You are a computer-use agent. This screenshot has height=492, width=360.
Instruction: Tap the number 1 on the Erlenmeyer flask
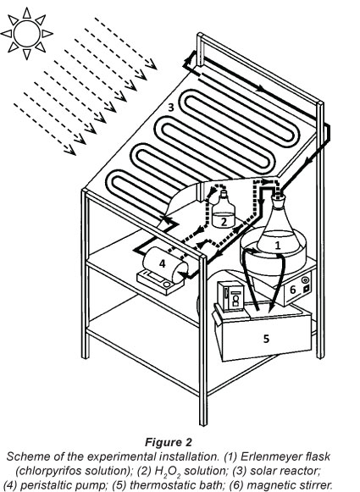(x=278, y=245)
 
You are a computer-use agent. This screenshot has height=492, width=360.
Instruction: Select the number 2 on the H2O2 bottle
(x=224, y=222)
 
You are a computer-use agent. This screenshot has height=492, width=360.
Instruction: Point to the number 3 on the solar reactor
(x=171, y=108)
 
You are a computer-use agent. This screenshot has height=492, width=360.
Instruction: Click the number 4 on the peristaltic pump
(x=162, y=263)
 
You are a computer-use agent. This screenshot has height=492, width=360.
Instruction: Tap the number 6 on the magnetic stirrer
(x=293, y=290)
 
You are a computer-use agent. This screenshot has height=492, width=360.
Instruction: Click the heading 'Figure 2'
(x=169, y=442)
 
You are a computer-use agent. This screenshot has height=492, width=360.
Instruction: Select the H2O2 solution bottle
(x=224, y=210)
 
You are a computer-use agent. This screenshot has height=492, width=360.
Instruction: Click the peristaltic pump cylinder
(x=165, y=264)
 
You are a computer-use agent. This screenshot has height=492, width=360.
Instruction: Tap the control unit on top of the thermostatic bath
(x=230, y=296)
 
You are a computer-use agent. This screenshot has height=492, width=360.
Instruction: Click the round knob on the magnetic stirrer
(x=304, y=279)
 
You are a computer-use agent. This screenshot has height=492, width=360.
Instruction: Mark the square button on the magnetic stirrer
(x=307, y=288)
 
